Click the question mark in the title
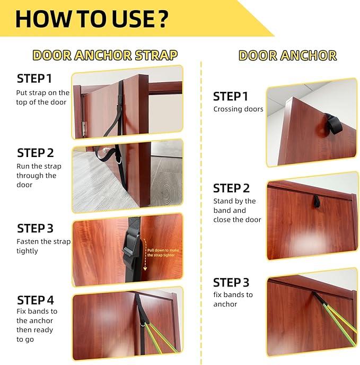click(x=161, y=19)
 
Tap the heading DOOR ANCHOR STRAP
click(x=105, y=55)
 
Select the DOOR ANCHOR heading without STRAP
click(x=287, y=56)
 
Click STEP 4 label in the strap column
click(x=36, y=300)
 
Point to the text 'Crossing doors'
click(x=238, y=109)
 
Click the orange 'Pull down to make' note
click(x=163, y=250)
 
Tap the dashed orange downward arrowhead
click(x=145, y=269)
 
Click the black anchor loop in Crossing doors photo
click(x=333, y=124)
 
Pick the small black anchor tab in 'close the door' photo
click(x=316, y=202)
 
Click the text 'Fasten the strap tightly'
click(x=43, y=246)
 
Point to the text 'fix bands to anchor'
click(x=233, y=299)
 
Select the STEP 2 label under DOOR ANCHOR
click(x=231, y=188)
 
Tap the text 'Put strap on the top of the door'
click(x=43, y=97)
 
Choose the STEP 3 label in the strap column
click(x=35, y=228)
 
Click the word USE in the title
click(x=130, y=19)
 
